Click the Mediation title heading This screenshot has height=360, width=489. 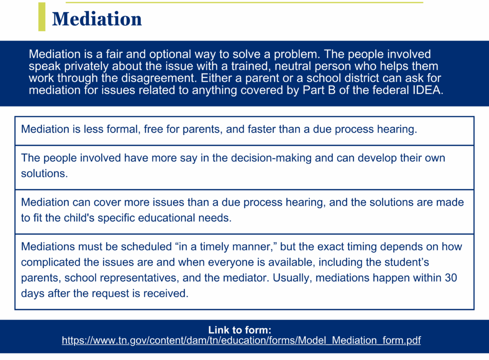tap(97, 19)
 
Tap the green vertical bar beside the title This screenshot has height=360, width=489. tap(42, 17)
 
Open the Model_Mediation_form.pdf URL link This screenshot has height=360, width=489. tap(241, 340)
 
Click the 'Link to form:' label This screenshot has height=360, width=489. tap(240, 330)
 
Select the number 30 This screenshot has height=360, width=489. tap(451, 278)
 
